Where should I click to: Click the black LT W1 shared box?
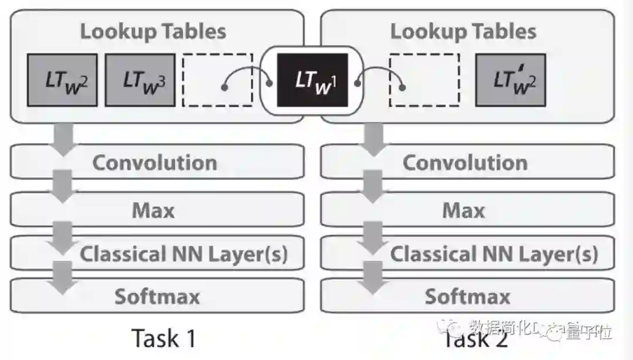312,80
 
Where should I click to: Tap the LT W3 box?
140,80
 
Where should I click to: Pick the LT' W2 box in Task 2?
510,80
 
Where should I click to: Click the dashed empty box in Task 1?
217,80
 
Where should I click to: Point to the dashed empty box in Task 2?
424,80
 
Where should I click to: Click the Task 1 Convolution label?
155,162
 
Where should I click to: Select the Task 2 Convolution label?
465,162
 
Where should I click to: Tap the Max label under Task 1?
154,209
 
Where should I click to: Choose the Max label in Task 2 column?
464,209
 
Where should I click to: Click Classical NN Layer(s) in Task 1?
183,254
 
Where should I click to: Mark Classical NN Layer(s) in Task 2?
494,254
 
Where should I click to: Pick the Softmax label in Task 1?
157,296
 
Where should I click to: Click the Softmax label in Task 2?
467,296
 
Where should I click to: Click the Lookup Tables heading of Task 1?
153,31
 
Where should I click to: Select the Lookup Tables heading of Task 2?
463,31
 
